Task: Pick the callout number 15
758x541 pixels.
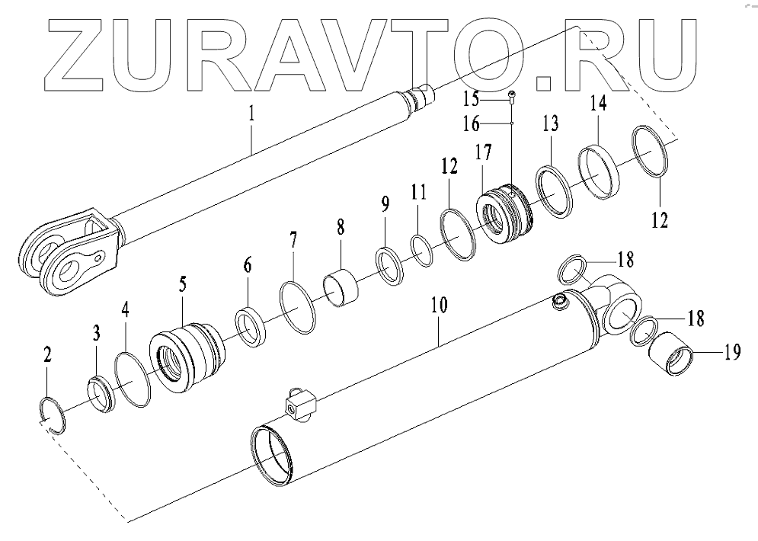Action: pyautogui.click(x=493, y=101)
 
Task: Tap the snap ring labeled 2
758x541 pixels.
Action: pyautogui.click(x=52, y=415)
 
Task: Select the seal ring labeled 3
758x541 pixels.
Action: pyautogui.click(x=101, y=393)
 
